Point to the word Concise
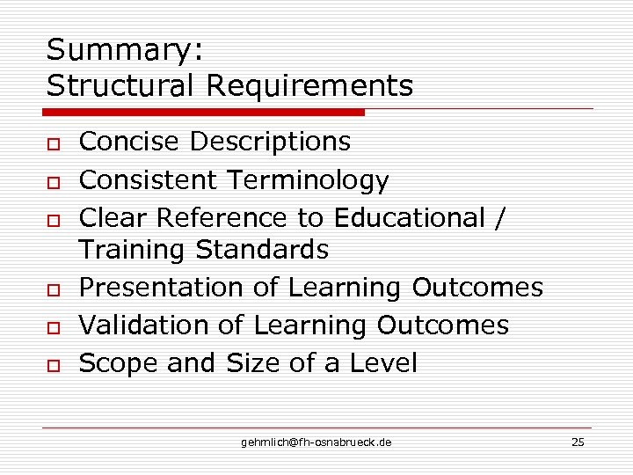tap(129, 142)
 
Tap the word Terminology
tap(307, 180)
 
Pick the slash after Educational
tap(500, 218)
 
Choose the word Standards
tap(262, 250)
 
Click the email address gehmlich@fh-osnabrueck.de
tap(316, 442)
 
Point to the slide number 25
tap(578, 442)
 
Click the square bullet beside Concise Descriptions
tap(54, 143)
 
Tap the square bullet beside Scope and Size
tap(54, 364)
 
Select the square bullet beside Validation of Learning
tap(54, 327)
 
